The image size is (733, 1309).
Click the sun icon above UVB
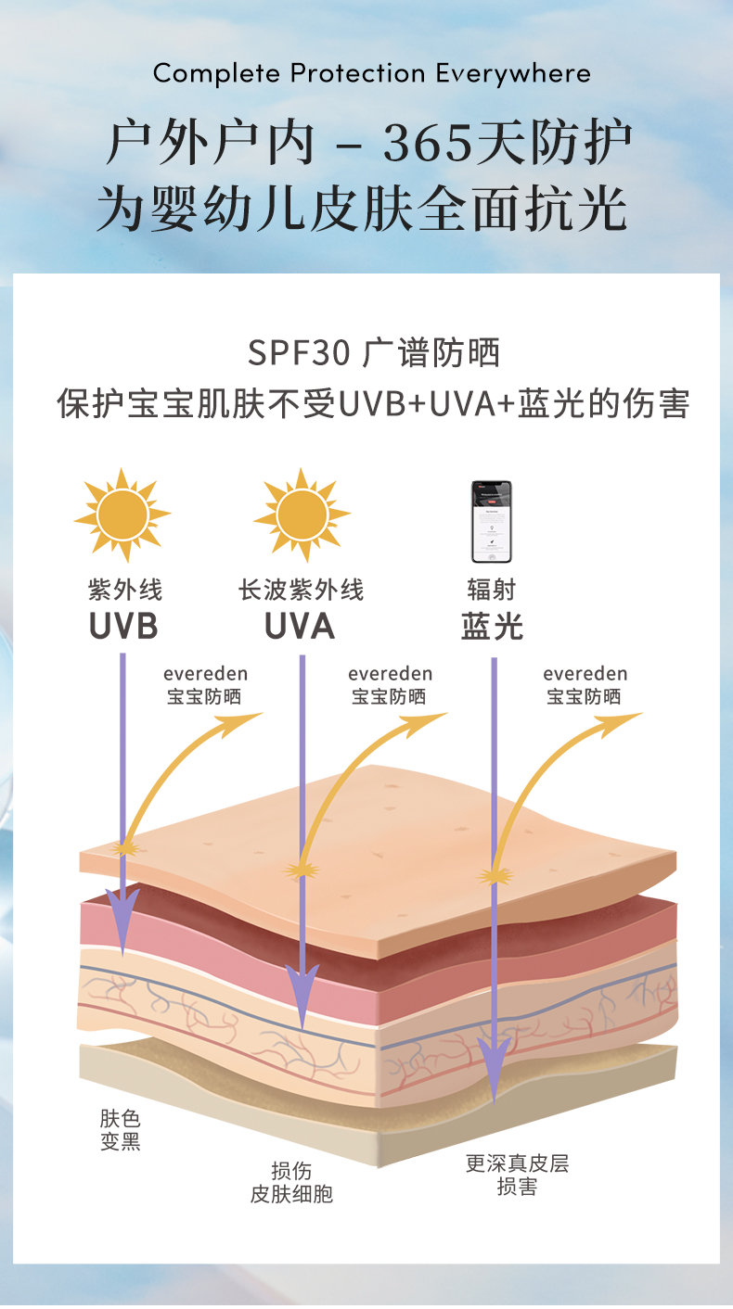point(122,516)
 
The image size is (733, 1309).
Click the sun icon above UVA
point(302,516)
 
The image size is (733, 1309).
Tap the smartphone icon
point(491,522)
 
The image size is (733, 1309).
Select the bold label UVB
point(123,627)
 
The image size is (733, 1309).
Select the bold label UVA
point(300,627)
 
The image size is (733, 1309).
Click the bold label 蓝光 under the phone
point(492,627)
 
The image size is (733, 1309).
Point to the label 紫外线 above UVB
point(125,590)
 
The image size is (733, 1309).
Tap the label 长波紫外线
point(301,590)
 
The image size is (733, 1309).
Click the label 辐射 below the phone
point(491,590)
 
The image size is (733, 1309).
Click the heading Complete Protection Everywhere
point(371,73)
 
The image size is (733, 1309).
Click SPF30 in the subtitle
point(299,353)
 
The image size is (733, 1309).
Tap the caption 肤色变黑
point(121,1129)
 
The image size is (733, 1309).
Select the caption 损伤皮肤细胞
point(291,1182)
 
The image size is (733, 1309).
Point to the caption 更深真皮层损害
point(517,1175)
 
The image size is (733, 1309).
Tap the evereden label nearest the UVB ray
point(205,674)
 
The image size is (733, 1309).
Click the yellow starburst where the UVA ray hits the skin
point(300,870)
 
